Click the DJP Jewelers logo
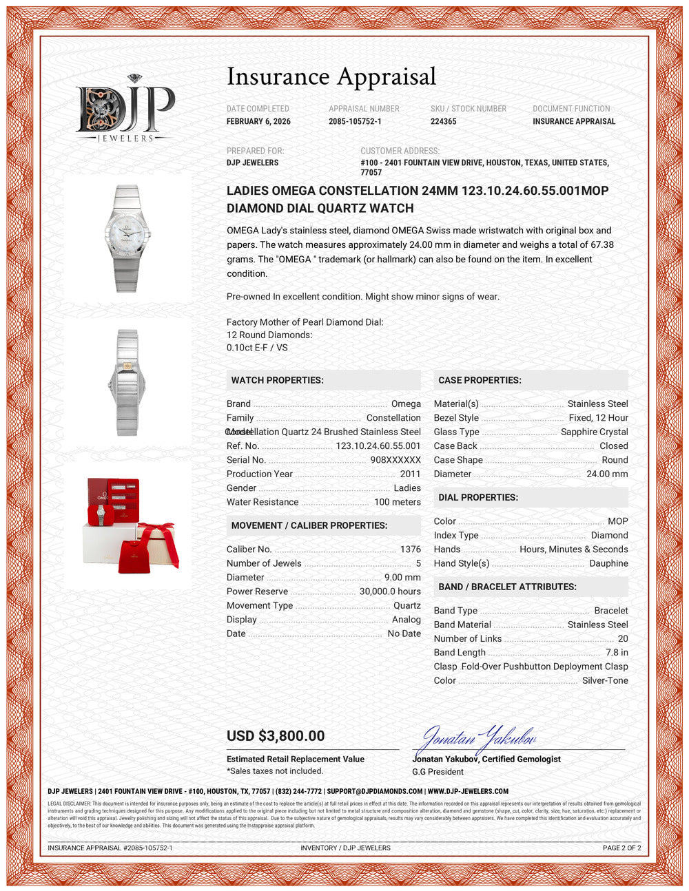click(x=125, y=109)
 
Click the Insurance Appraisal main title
click(x=331, y=76)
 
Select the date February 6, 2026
click(x=258, y=121)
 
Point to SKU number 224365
click(x=443, y=121)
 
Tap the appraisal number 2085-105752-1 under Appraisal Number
click(x=355, y=121)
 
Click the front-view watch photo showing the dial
click(x=127, y=238)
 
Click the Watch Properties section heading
click(x=277, y=380)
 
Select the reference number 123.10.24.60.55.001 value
click(x=378, y=446)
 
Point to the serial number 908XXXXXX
click(x=395, y=460)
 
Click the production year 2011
click(x=410, y=474)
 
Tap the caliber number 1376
click(x=410, y=549)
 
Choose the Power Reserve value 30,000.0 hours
click(x=390, y=591)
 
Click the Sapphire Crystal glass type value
click(x=594, y=432)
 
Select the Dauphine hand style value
click(x=608, y=563)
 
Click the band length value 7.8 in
click(x=617, y=652)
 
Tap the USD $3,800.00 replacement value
click(x=276, y=736)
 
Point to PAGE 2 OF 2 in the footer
click(x=621, y=848)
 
